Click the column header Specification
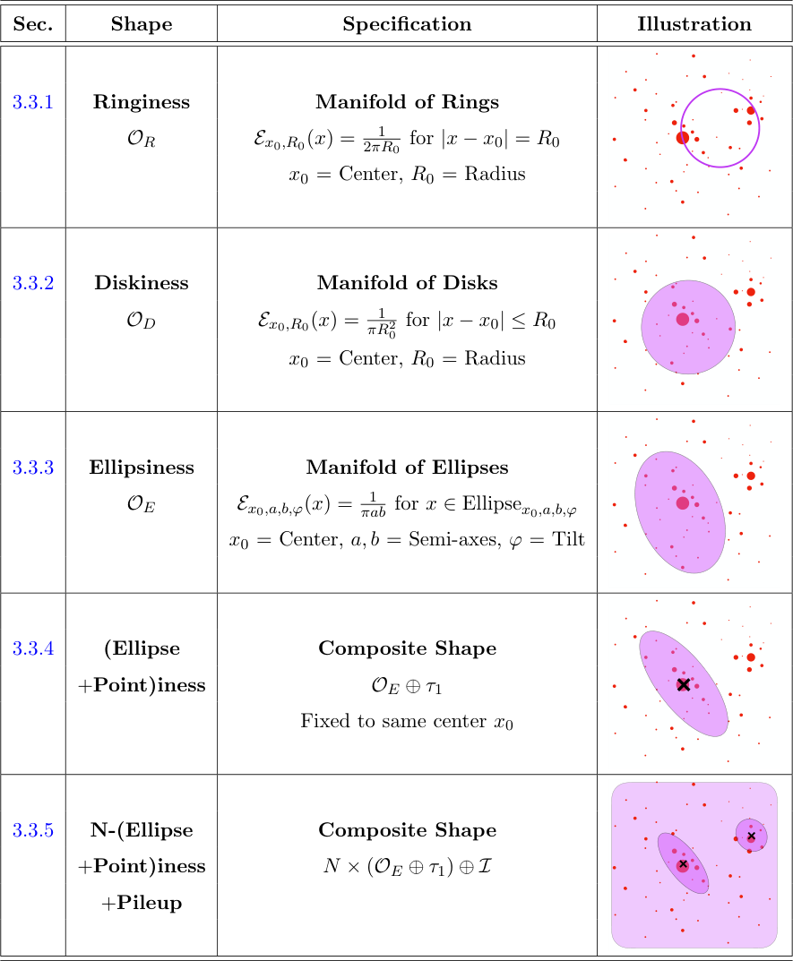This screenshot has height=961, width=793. pyautogui.click(x=407, y=24)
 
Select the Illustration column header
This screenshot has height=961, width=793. pyautogui.click(x=694, y=24)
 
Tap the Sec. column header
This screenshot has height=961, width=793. pyautogui.click(x=33, y=24)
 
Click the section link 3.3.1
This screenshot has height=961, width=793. pyautogui.click(x=33, y=102)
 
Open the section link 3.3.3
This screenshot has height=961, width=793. pyautogui.click(x=33, y=467)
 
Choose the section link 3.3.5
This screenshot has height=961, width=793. pyautogui.click(x=33, y=830)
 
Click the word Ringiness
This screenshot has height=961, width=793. pyautogui.click(x=142, y=102)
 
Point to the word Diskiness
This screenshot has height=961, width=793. pyautogui.click(x=142, y=283)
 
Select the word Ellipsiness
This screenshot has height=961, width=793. pyautogui.click(x=142, y=468)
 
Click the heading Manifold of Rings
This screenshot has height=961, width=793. pyautogui.click(x=407, y=102)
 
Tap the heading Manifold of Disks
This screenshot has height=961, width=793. pyautogui.click(x=407, y=283)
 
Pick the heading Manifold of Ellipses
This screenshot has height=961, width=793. pyautogui.click(x=407, y=468)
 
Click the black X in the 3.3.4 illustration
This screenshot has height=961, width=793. pyautogui.click(x=684, y=684)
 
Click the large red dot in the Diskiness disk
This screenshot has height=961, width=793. pyautogui.click(x=683, y=319)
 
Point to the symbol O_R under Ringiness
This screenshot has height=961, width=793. pyautogui.click(x=142, y=139)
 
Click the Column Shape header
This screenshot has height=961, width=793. pyautogui.click(x=142, y=24)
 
